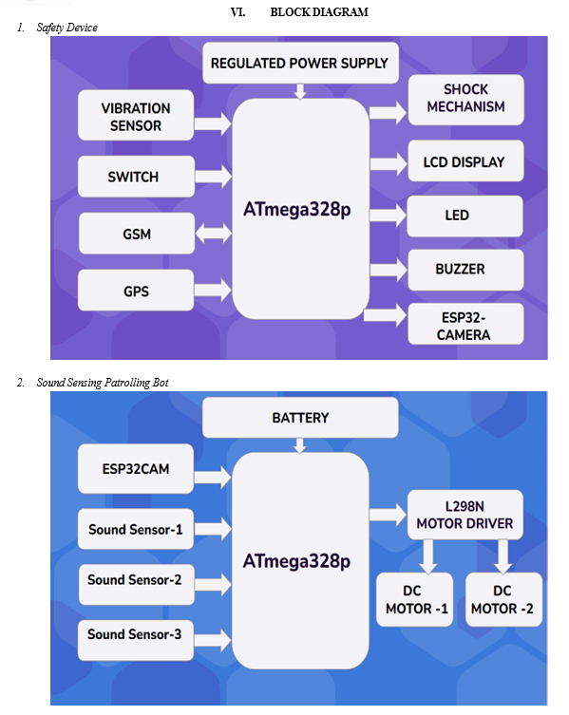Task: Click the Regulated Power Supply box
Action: coord(300,63)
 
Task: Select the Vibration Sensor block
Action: coord(136,115)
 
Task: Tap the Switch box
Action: coord(136,177)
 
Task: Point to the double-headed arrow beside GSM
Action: coord(214,233)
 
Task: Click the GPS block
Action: coord(136,291)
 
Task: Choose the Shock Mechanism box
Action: coord(465,100)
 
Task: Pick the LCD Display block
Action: coord(465,161)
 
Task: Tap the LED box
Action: coord(465,216)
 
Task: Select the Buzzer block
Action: coord(465,270)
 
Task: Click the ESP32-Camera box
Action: coord(465,324)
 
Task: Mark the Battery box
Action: coord(300,417)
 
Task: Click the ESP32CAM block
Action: coord(136,469)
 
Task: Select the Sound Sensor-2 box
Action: coord(136,585)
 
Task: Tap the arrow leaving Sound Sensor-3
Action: coord(213,640)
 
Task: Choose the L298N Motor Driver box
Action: coord(465,515)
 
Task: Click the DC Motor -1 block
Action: coord(415,600)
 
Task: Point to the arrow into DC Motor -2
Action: coord(503,556)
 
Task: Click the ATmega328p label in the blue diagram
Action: coord(296,561)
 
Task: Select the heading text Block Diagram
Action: coord(319,11)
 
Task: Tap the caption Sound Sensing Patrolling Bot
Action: coord(103,382)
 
